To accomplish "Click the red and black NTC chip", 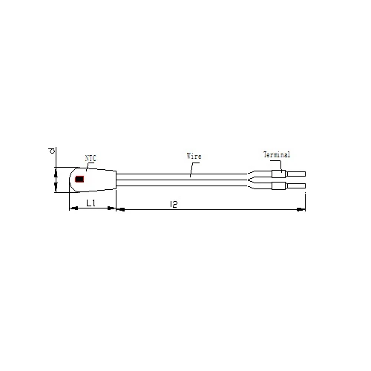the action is tap(79, 179).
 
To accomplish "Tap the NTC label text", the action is tap(91, 158).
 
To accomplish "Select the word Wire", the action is tap(194, 156).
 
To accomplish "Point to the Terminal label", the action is tap(277, 154).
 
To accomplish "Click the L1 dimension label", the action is tap(91, 203).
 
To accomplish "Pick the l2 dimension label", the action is tap(174, 204).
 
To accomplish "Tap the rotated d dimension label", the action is tap(52, 151).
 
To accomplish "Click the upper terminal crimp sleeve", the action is tap(279, 174).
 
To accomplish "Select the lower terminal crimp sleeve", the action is tap(279, 185).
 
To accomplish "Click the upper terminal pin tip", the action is tap(305, 174).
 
